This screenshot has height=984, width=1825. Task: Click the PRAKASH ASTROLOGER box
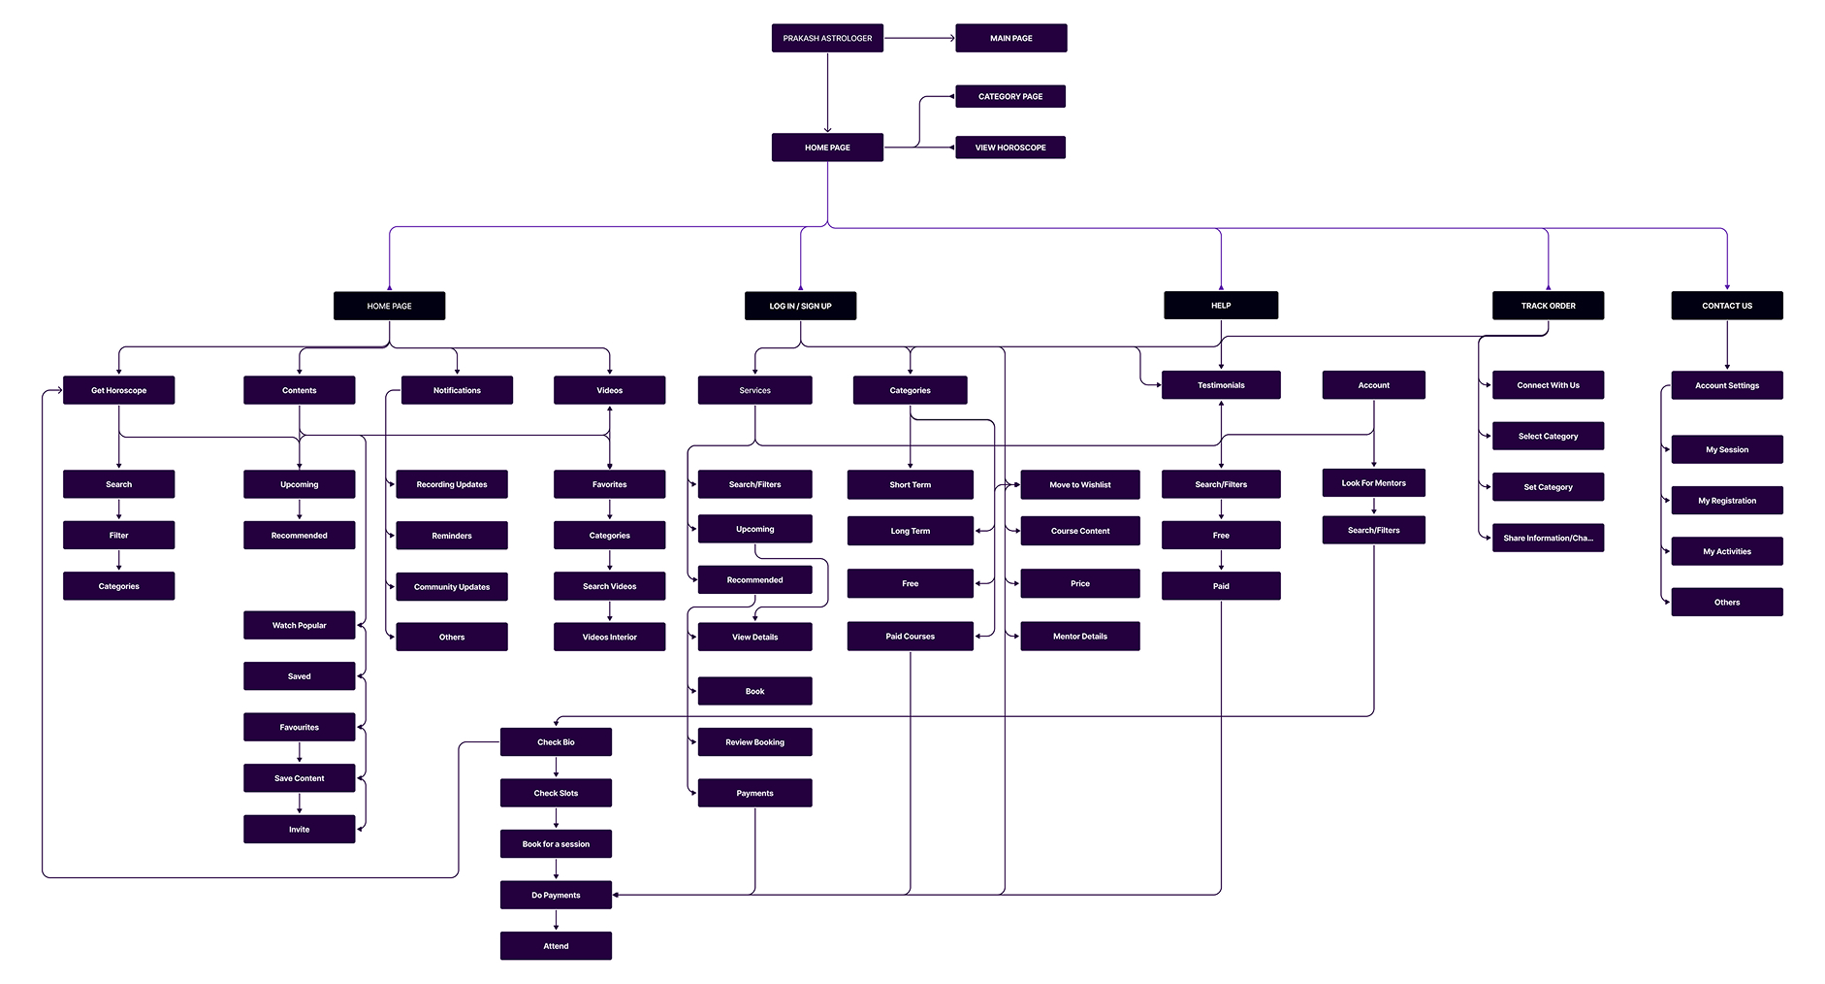827,38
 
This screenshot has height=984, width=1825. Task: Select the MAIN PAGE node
1010,38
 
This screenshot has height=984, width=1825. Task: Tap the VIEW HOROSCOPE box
1009,148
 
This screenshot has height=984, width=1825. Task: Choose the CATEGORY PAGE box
1009,96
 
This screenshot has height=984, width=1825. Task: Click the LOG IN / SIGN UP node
800,306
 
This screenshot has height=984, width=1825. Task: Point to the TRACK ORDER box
1548,306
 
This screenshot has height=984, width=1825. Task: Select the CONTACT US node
1726,306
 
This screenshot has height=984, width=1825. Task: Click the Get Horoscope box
118,390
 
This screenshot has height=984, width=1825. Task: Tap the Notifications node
457,390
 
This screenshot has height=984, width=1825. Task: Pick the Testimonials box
1220,385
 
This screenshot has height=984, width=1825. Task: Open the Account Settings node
1726,385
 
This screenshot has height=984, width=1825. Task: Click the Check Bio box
556,742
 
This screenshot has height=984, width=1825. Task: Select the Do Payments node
556,895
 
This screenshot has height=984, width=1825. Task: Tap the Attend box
556,946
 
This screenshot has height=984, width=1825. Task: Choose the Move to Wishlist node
1079,484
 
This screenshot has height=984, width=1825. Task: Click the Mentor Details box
1079,637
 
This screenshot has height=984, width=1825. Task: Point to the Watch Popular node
299,625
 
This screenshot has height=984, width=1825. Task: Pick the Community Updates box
451,586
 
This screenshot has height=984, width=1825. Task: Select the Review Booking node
754,742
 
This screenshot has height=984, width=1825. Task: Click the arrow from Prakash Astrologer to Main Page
919,38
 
